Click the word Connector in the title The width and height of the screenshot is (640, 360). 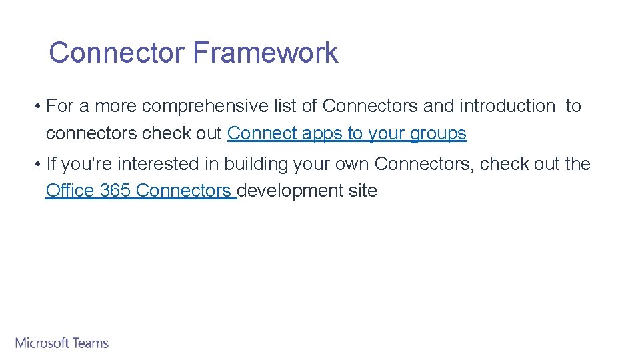coord(116,53)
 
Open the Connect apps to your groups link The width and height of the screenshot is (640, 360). coord(347,133)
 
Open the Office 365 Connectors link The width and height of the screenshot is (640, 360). coord(141,191)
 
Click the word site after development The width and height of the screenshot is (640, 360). coord(363,191)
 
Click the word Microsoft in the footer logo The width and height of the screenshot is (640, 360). coord(42,343)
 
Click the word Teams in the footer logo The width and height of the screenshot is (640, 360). coord(91,343)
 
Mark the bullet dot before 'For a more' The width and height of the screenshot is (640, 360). coord(40,106)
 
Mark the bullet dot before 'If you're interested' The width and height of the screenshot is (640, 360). coord(40,164)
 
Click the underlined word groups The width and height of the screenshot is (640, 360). coord(438,134)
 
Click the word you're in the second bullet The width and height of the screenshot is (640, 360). coord(87,164)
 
